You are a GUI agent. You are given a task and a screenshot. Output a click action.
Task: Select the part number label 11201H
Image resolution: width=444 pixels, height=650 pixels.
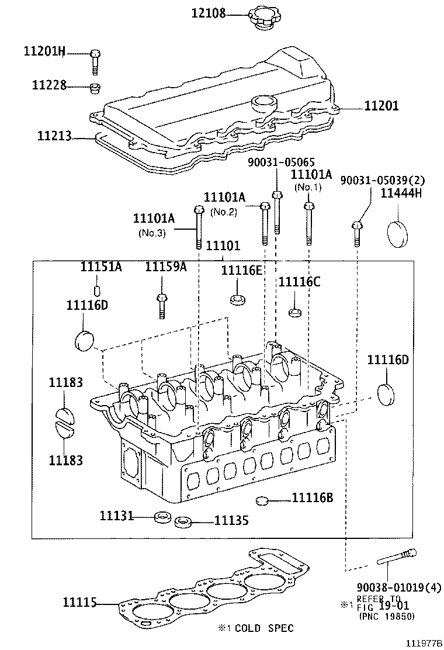[x=44, y=51]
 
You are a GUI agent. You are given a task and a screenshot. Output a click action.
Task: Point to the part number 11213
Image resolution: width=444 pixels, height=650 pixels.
[x=54, y=136]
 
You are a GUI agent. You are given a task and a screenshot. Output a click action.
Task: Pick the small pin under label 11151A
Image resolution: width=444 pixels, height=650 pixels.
[x=98, y=291]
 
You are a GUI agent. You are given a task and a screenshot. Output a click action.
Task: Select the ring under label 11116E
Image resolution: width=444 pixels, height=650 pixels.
[x=238, y=300]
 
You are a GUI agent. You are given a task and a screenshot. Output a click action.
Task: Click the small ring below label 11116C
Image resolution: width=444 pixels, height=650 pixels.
[x=295, y=311]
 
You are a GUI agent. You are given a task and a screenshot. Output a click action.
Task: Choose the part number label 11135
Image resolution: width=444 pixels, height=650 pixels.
[x=231, y=520]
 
